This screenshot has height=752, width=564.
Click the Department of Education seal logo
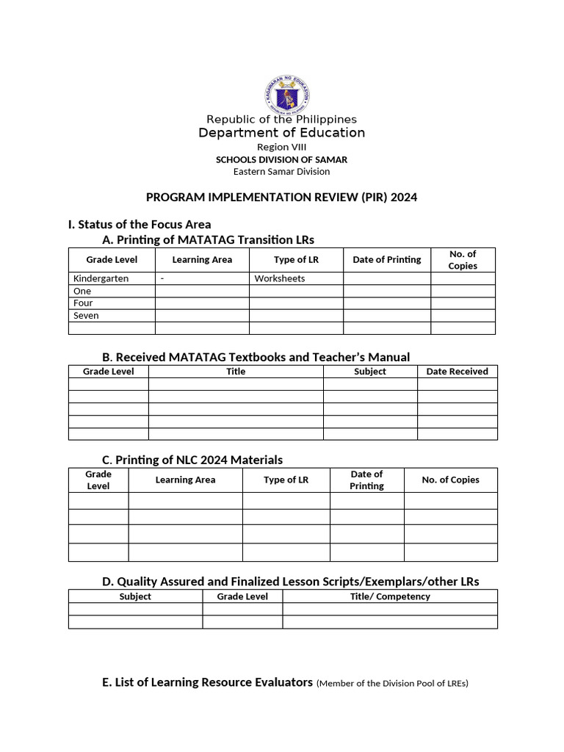tap(286, 94)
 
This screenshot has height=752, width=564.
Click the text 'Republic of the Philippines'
tap(281, 119)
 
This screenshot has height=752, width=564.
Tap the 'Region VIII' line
tap(281, 147)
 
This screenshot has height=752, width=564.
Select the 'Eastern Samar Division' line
tap(281, 171)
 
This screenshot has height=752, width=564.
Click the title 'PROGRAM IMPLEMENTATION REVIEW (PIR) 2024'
tap(281, 198)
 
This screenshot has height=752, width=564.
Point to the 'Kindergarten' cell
tap(101, 278)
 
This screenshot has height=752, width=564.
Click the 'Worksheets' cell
tap(279, 278)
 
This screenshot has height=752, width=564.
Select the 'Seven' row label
tap(86, 315)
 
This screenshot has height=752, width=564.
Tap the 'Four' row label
tap(83, 303)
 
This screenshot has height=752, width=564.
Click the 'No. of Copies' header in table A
tap(463, 260)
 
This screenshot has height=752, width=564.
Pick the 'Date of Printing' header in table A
tap(387, 259)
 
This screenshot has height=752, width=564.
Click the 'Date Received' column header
tap(457, 372)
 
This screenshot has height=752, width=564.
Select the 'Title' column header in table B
tap(236, 372)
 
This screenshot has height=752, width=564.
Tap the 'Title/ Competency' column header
tap(390, 596)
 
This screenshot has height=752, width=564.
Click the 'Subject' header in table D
tap(135, 596)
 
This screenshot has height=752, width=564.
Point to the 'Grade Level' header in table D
tap(242, 596)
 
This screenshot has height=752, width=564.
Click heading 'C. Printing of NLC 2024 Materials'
tap(192, 460)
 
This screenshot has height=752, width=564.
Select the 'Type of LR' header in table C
tap(286, 480)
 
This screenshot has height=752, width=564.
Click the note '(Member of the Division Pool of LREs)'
tap(392, 683)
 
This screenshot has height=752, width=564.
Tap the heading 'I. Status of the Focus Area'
tap(140, 224)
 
